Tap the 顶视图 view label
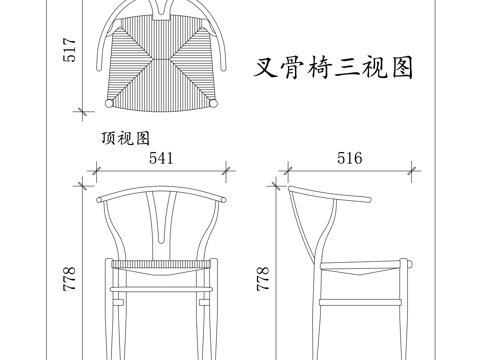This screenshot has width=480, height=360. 125,139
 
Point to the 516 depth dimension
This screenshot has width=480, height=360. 348,158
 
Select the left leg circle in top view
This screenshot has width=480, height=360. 108,103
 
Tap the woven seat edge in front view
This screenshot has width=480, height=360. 160,263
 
